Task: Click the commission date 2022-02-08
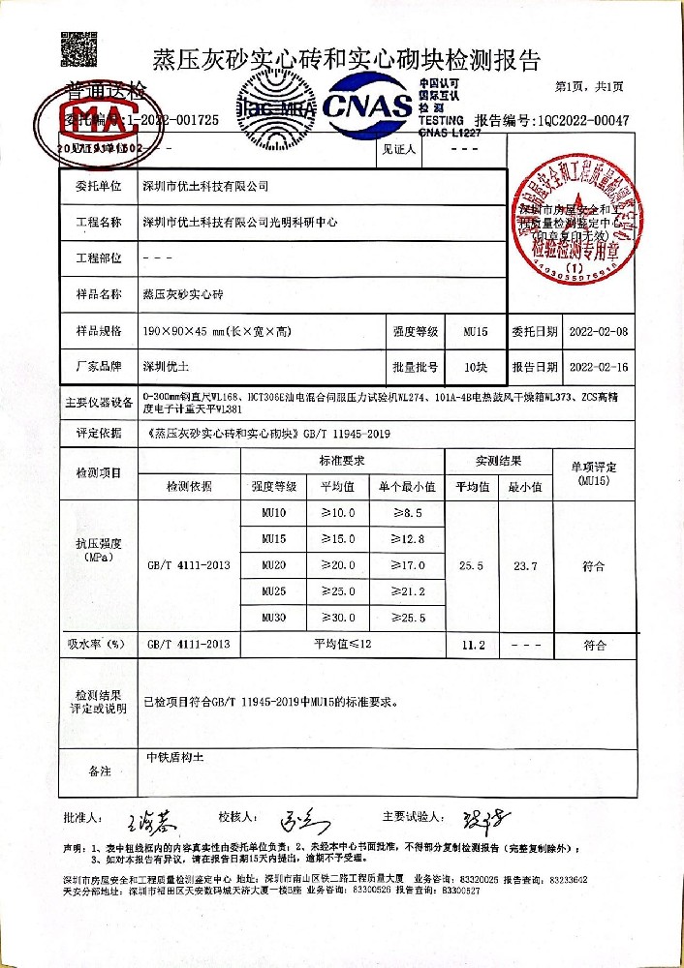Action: click(599, 332)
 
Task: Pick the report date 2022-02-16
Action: click(599, 368)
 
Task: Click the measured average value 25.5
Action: click(472, 565)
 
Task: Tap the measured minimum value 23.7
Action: click(524, 565)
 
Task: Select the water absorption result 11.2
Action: click(472, 644)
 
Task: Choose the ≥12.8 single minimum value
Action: click(406, 538)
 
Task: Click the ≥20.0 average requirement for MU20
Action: click(338, 564)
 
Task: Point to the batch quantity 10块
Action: click(475, 368)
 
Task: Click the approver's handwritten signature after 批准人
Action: click(150, 821)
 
